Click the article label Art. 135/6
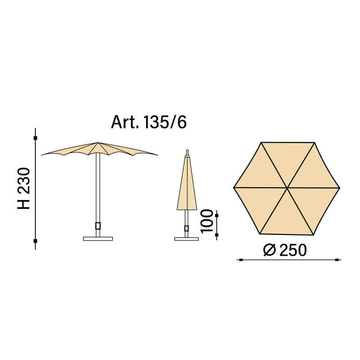(x=148, y=122)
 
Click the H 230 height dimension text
(x=24, y=188)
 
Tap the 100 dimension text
(x=207, y=221)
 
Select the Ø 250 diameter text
(x=285, y=250)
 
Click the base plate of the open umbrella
(x=98, y=239)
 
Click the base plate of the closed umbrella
(x=186, y=239)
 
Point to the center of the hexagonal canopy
(x=287, y=188)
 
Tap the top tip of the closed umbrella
(x=187, y=150)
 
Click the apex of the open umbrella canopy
(x=98, y=143)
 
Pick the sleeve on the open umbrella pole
(x=98, y=226)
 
